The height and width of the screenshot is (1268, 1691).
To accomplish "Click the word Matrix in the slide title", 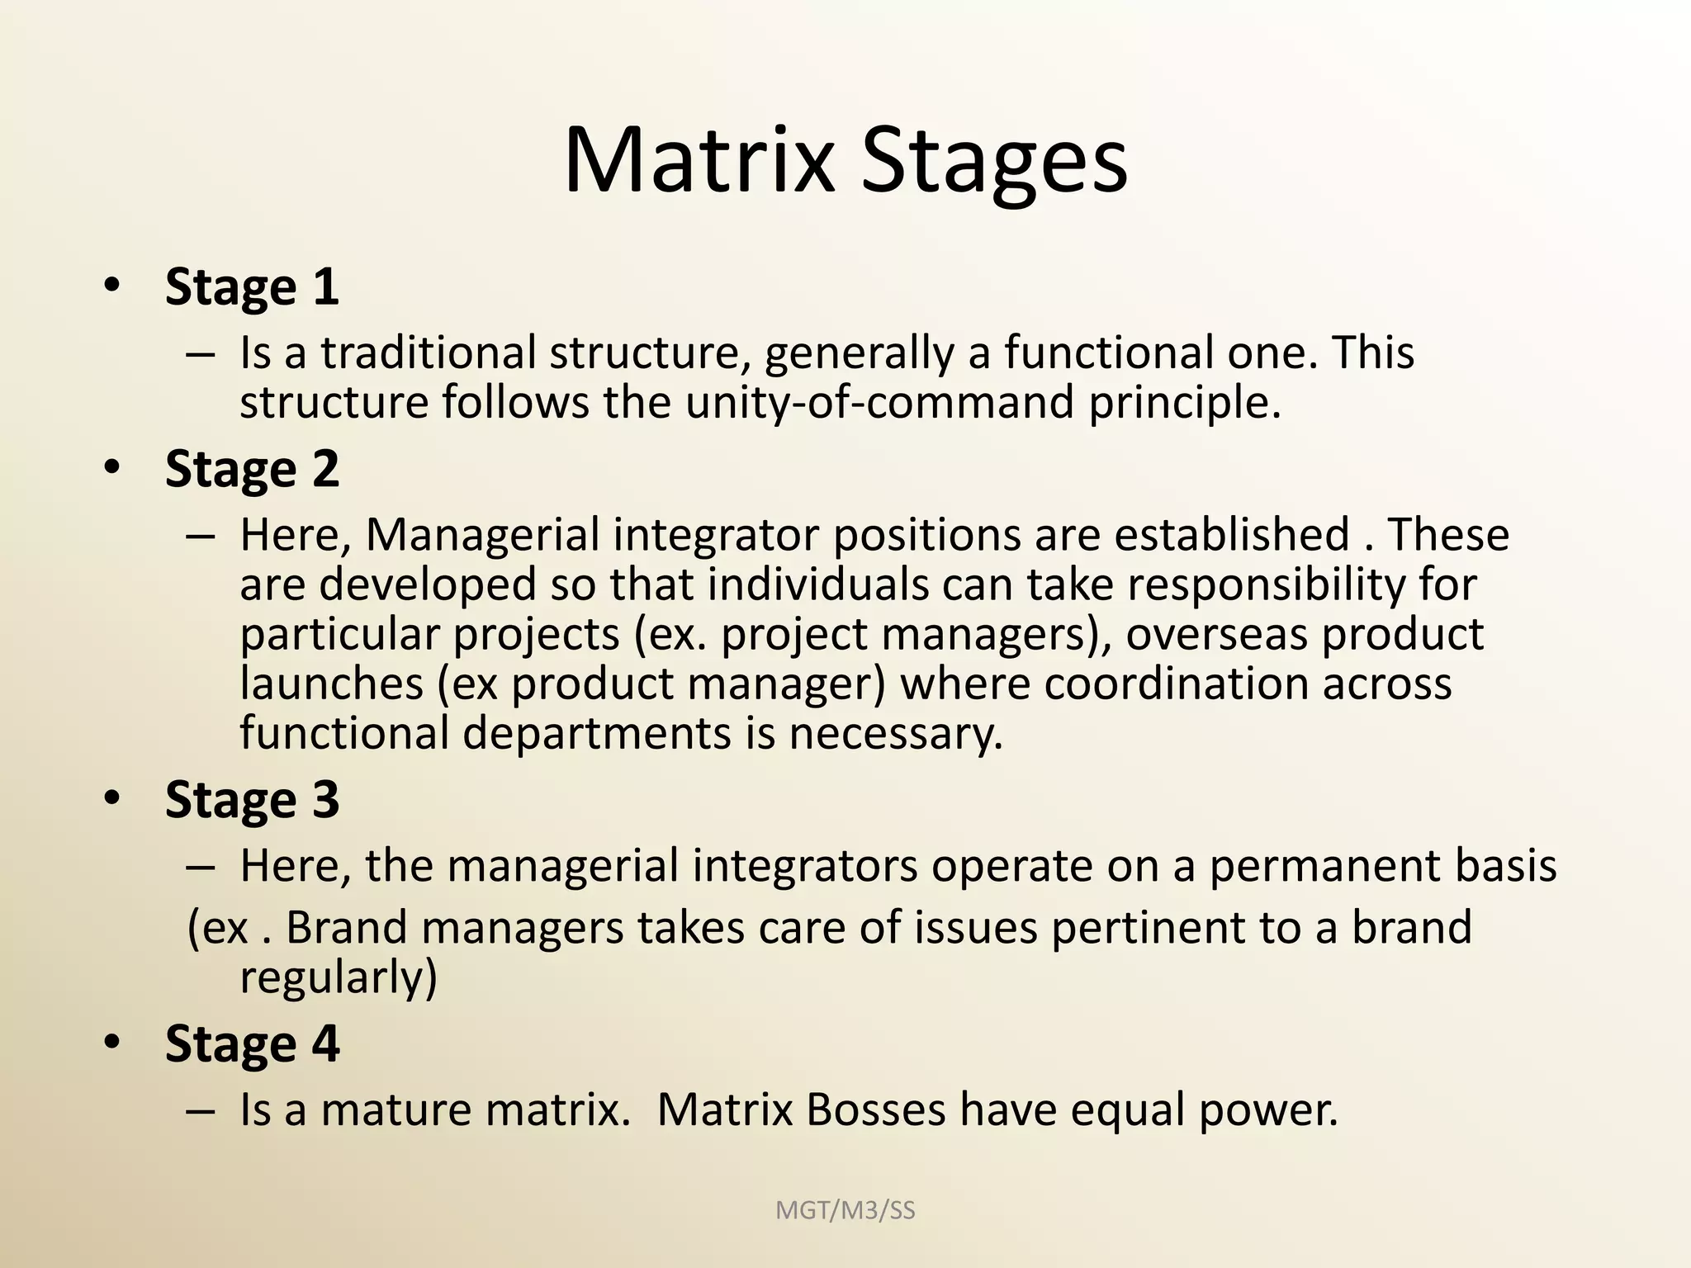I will click(x=699, y=160).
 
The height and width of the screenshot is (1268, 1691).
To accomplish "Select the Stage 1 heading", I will click(x=252, y=287).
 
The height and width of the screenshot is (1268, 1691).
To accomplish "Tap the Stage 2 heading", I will click(x=252, y=470).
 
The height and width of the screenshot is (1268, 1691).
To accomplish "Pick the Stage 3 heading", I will click(x=252, y=800).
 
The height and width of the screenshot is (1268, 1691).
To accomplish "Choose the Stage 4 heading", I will click(x=252, y=1043).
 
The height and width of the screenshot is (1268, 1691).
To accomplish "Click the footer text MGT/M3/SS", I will click(x=845, y=1210).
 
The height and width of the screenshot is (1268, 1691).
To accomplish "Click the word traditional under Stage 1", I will click(x=429, y=352).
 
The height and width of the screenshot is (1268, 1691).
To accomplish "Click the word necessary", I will click(x=895, y=733).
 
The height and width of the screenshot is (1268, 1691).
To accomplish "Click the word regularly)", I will click(x=338, y=977).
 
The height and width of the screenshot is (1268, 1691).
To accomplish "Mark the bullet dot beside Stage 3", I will click(x=112, y=797).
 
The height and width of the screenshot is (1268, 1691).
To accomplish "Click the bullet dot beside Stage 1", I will click(x=112, y=286).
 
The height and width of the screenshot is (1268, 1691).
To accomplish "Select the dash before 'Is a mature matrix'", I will click(x=201, y=1110).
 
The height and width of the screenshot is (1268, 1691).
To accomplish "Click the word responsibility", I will click(x=1266, y=584).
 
